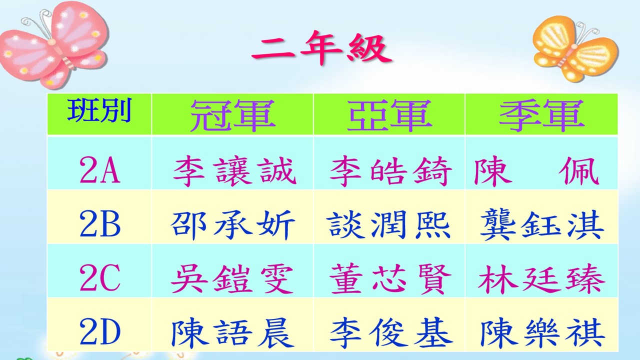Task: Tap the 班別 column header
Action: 99,110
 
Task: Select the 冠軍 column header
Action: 232,115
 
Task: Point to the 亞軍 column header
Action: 389,115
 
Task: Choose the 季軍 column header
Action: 541,115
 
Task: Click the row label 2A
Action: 99,170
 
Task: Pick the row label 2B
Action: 99,224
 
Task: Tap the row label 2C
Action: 99,278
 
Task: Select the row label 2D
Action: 99,331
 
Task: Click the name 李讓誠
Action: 234,171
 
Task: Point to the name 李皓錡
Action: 391,171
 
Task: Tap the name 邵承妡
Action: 232,224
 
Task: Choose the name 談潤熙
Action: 389,224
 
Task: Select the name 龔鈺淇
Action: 542,224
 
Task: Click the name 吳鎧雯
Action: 232,278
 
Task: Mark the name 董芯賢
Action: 391,278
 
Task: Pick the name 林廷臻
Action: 541,278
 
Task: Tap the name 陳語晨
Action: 232,332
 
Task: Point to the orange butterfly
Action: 575,48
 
